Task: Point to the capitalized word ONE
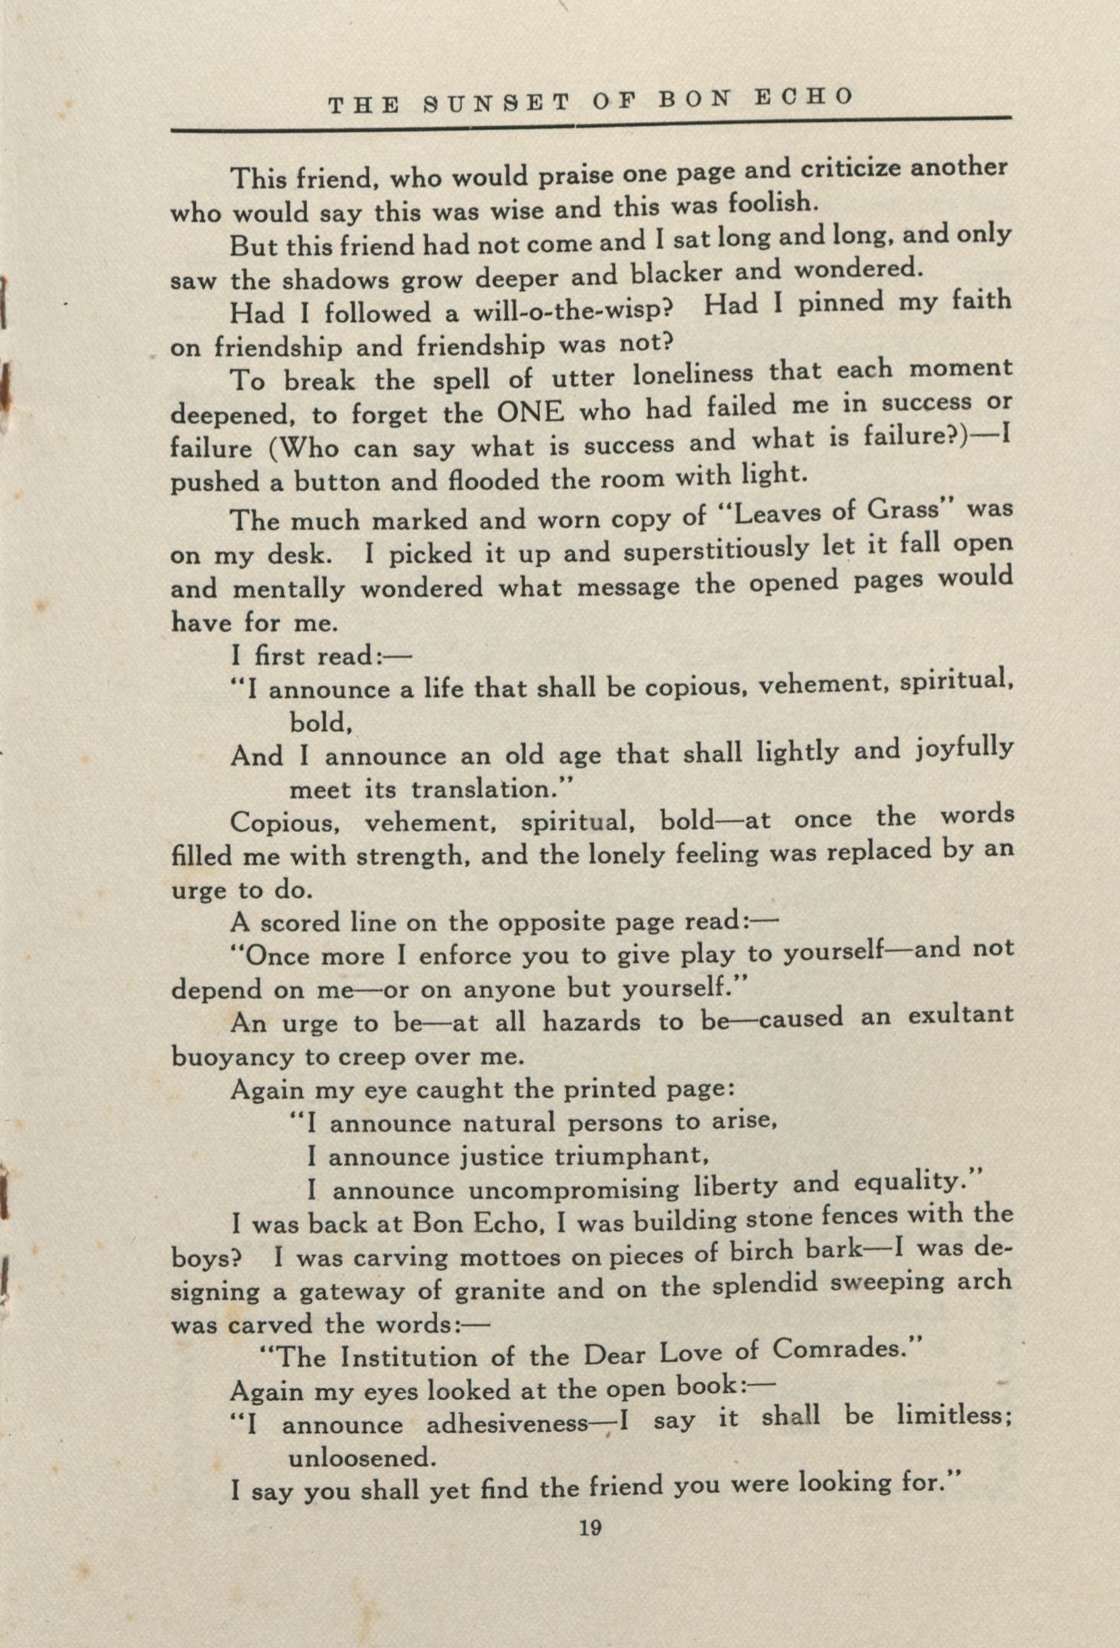point(530,412)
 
